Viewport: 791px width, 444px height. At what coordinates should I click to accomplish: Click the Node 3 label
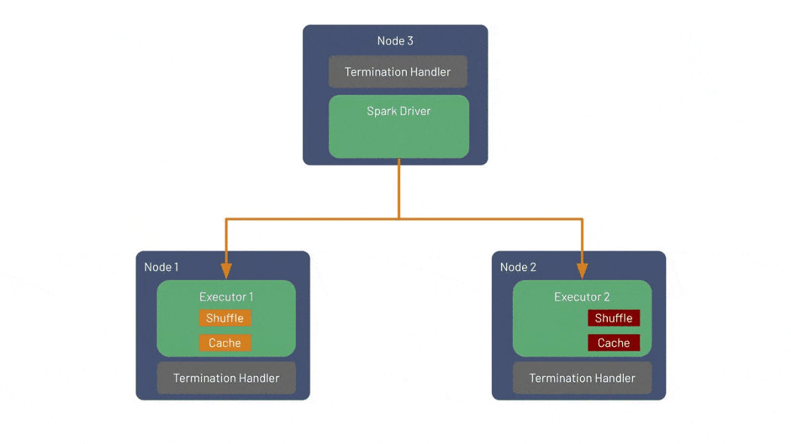coord(395,41)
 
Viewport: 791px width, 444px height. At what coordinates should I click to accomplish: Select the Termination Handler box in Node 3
coord(398,71)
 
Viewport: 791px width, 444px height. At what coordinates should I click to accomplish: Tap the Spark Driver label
coord(399,111)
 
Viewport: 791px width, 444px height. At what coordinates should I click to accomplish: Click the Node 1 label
coord(161,267)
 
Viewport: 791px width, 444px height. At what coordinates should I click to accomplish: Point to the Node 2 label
coord(518,267)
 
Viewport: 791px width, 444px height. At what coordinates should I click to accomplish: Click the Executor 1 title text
coord(226,297)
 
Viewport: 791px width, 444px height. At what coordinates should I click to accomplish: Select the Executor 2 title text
coord(582,297)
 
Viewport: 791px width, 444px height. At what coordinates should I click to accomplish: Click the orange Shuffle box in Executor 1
coord(225,318)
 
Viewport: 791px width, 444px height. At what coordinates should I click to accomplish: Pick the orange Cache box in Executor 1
coord(225,342)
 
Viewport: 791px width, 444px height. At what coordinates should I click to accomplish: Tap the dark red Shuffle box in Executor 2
coord(614,318)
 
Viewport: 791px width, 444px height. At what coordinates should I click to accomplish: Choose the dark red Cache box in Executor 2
coord(614,342)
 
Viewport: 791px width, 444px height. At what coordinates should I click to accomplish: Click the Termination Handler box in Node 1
coord(227,378)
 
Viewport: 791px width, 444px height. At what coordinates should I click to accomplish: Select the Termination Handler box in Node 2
coord(582,378)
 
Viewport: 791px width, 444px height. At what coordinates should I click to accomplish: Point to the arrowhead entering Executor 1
coord(227,271)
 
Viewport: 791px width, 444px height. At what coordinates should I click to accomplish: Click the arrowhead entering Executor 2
coord(582,271)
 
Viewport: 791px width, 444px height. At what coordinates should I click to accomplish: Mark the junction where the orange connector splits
coord(399,219)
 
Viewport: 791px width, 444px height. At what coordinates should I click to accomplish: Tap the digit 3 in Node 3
coord(410,41)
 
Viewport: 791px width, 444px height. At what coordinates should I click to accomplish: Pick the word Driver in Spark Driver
coord(415,111)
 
